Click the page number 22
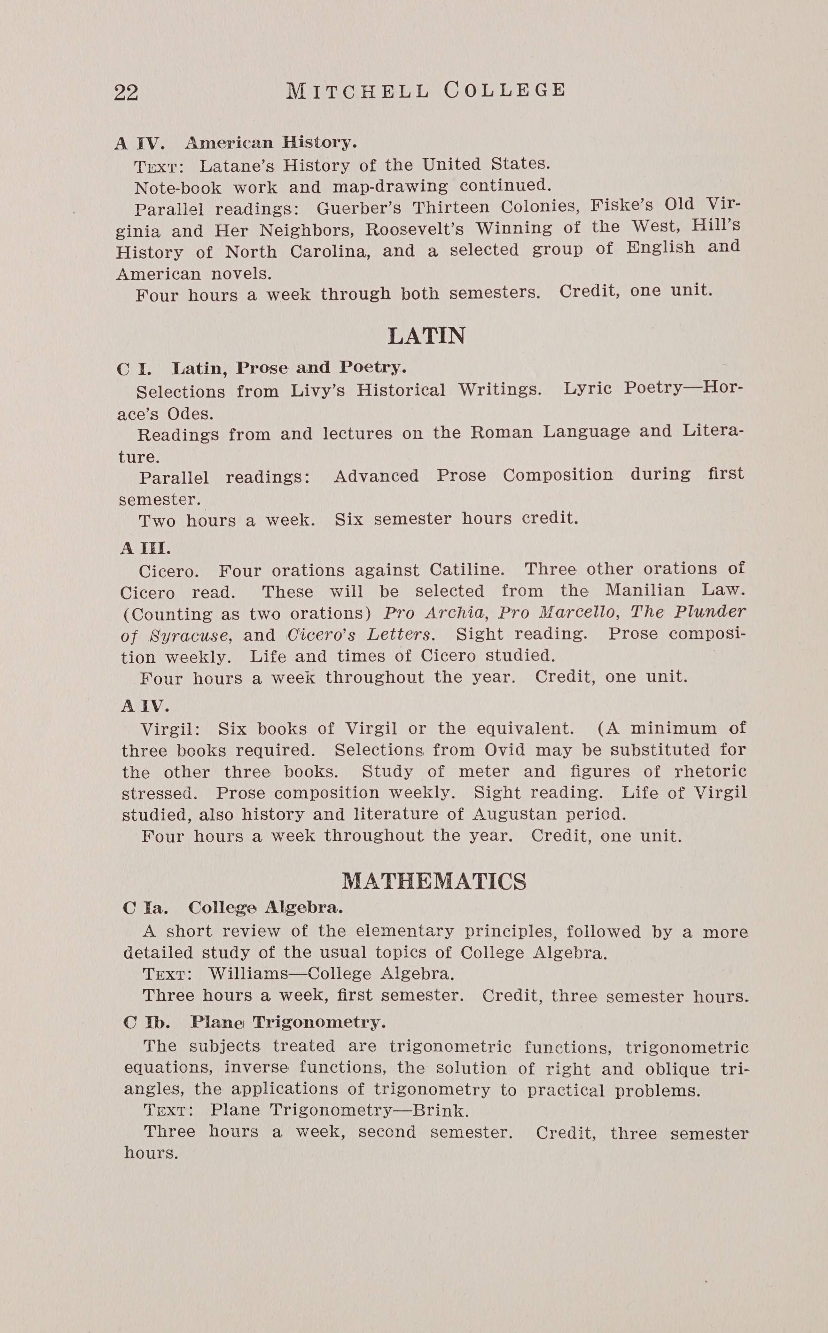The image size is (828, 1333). [x=126, y=93]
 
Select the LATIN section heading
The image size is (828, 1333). [x=426, y=336]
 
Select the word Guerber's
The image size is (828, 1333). [x=359, y=208]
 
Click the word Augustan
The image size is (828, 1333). [x=514, y=815]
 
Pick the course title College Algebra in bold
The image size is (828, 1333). [x=266, y=908]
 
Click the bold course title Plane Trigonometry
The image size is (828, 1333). [x=288, y=1022]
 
